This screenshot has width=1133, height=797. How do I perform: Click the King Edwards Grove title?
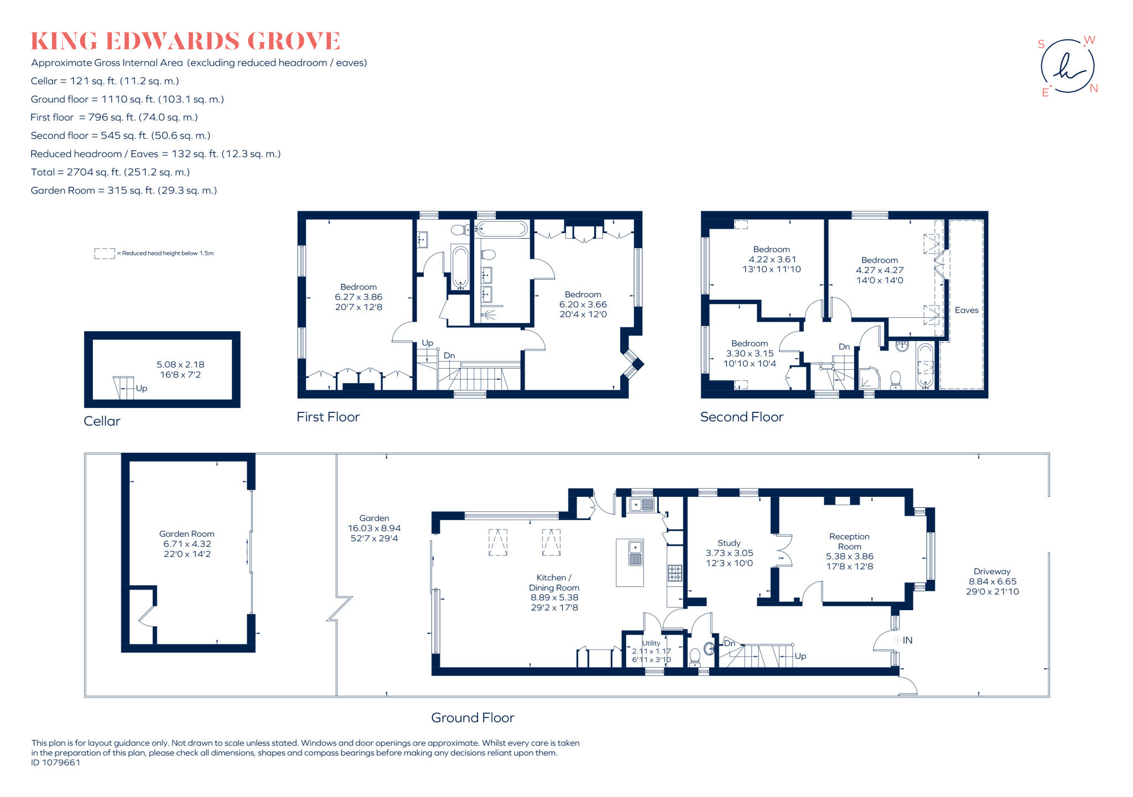click(x=185, y=41)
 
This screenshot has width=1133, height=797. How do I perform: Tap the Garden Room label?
click(x=186, y=534)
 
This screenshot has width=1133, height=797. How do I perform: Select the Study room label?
click(x=729, y=543)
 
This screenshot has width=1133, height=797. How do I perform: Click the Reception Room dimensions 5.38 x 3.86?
click(x=850, y=557)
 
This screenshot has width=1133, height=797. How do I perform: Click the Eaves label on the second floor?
click(x=966, y=311)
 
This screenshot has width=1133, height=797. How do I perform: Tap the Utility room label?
click(x=651, y=643)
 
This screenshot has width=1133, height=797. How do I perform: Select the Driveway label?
click(x=992, y=571)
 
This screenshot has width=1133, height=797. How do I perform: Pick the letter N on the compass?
click(x=1094, y=88)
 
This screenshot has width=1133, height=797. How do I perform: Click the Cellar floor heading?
click(x=102, y=421)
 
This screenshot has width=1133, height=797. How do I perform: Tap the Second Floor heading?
click(x=742, y=417)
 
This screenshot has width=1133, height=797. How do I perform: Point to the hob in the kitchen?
click(x=675, y=573)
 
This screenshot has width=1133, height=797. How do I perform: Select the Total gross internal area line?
click(x=111, y=172)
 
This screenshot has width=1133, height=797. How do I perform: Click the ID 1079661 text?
click(x=56, y=763)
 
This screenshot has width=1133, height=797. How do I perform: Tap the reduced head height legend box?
click(x=105, y=254)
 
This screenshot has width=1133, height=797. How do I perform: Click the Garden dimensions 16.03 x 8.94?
click(x=374, y=528)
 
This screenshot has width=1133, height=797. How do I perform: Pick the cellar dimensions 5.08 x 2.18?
click(x=180, y=365)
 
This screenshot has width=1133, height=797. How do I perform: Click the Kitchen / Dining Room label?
click(x=554, y=583)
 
